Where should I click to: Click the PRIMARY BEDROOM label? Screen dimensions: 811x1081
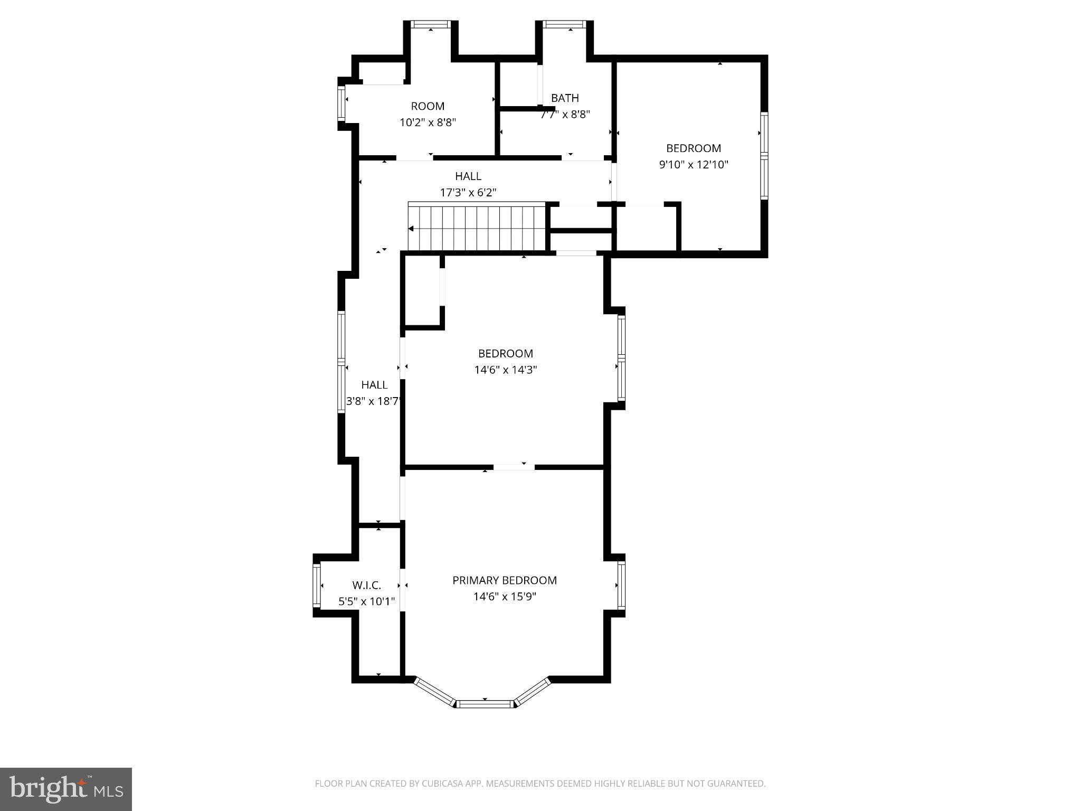click(504, 580)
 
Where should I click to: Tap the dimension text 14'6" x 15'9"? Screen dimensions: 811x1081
click(504, 597)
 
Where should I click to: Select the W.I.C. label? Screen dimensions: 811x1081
click(366, 585)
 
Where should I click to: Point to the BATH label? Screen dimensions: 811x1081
click(565, 98)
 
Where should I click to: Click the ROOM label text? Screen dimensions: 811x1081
click(428, 106)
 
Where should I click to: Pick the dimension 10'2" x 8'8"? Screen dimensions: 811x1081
click(428, 122)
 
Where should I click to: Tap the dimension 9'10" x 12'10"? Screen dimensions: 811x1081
click(693, 164)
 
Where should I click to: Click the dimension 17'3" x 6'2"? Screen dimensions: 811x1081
click(468, 192)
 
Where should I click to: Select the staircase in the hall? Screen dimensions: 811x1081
click(477, 228)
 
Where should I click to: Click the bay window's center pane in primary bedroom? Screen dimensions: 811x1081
click(485, 703)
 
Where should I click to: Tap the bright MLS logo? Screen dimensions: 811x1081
click(66, 789)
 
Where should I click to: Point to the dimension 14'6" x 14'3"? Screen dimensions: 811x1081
click(505, 370)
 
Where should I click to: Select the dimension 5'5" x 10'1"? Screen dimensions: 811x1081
click(366, 601)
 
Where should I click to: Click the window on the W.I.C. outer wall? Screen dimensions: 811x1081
click(317, 585)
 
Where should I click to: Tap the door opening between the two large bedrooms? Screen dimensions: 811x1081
click(514, 467)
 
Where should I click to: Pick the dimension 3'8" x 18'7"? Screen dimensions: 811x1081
click(374, 401)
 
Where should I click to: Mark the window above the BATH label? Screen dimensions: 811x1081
click(564, 24)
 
